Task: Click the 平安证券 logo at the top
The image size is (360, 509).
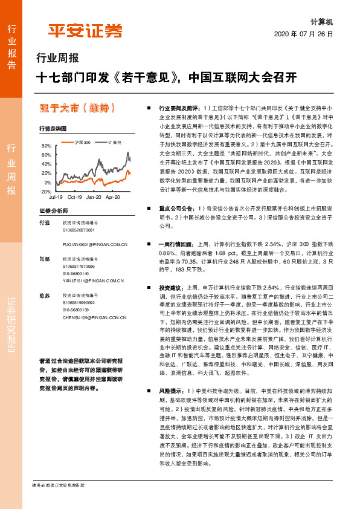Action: click(x=85, y=31)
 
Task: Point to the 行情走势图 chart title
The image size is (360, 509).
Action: click(x=52, y=129)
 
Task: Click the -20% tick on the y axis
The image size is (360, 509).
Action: click(x=47, y=191)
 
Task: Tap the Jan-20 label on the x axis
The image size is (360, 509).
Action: click(x=94, y=198)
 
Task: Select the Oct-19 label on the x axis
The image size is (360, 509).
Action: click(x=75, y=198)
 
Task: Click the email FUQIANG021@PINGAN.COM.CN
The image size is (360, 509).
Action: click(x=94, y=244)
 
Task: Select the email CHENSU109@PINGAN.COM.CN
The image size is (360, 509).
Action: click(x=94, y=316)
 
